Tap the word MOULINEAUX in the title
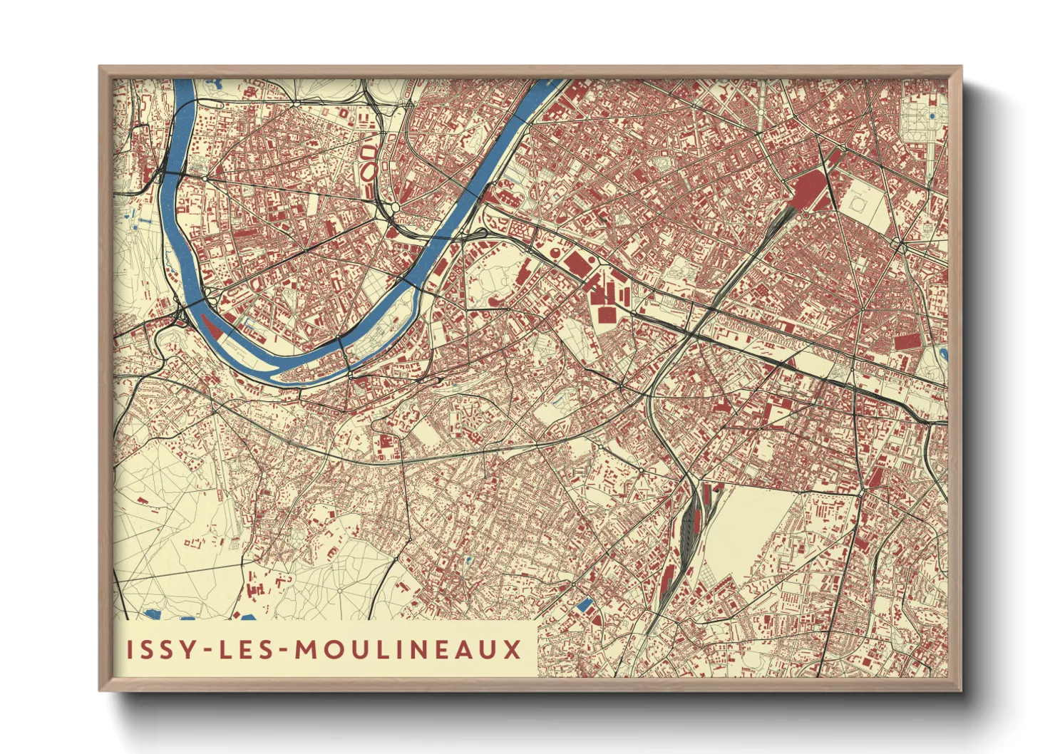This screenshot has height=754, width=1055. [408, 650]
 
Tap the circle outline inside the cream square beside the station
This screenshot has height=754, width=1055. [858, 205]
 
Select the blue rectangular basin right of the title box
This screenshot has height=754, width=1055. [584, 605]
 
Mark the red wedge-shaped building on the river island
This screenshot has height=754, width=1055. [212, 326]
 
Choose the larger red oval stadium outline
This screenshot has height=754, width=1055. [369, 171]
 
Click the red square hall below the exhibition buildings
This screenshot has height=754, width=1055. [607, 314]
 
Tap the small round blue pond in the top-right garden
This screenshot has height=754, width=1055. [932, 115]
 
